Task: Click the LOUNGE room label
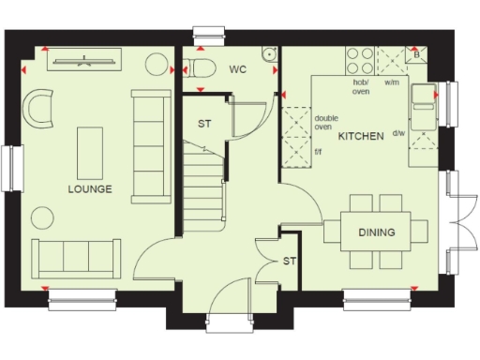pyautogui.click(x=90, y=189)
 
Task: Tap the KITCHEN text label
pyautogui.click(x=361, y=137)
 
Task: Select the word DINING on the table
pyautogui.click(x=376, y=232)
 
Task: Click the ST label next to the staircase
pyautogui.click(x=204, y=124)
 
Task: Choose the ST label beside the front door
pyautogui.click(x=290, y=262)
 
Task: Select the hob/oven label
pyautogui.click(x=361, y=87)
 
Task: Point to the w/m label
pyautogui.click(x=392, y=83)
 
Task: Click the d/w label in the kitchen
pyautogui.click(x=398, y=133)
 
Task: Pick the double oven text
pyautogui.click(x=326, y=121)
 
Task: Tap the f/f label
pyautogui.click(x=318, y=152)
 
